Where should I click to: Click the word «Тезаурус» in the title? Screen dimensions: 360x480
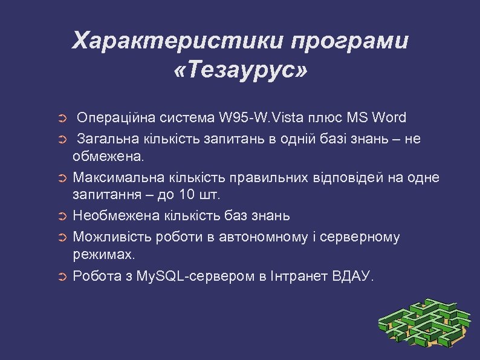239,71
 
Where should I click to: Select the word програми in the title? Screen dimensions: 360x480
349,41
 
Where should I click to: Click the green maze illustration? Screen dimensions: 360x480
424,323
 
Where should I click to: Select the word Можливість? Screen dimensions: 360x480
112,237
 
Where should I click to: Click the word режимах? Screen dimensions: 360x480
104,255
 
